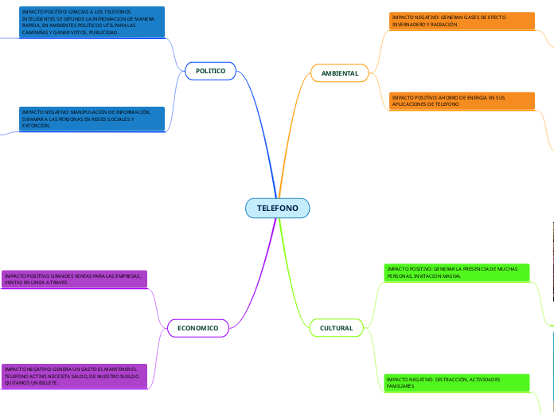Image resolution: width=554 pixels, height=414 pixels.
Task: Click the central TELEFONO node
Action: [x=277, y=208]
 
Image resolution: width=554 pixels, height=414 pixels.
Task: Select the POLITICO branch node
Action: [x=210, y=71]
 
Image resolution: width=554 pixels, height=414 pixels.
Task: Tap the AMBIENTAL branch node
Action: [x=340, y=73]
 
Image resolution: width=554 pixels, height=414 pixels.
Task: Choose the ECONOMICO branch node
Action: [x=198, y=327]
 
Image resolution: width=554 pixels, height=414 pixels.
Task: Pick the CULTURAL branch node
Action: [x=336, y=328]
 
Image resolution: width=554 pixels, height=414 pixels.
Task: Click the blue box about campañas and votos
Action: [x=92, y=22]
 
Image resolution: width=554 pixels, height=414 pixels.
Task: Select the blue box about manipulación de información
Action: [x=92, y=119]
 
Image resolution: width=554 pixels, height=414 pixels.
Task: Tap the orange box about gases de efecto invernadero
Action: [x=462, y=21]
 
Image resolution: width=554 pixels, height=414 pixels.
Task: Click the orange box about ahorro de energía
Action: [x=462, y=101]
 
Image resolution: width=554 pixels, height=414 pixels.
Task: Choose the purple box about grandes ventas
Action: [x=74, y=279]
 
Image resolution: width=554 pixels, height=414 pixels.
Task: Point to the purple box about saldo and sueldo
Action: [x=74, y=376]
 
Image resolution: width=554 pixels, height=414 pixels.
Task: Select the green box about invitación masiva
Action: [x=457, y=272]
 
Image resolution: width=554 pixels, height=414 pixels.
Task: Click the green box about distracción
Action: [x=457, y=382]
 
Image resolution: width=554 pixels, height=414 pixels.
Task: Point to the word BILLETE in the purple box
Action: [x=47, y=383]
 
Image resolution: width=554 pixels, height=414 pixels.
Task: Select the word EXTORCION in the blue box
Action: [x=37, y=126]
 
